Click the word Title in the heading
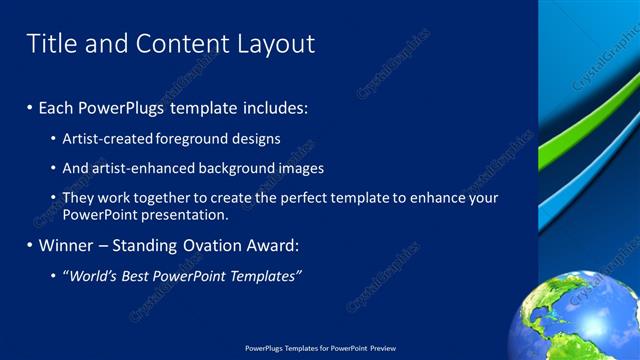click(x=50, y=44)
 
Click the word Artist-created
click(x=106, y=139)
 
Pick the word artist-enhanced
click(x=137, y=168)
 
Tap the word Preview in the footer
click(x=382, y=348)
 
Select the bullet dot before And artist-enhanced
click(x=53, y=169)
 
